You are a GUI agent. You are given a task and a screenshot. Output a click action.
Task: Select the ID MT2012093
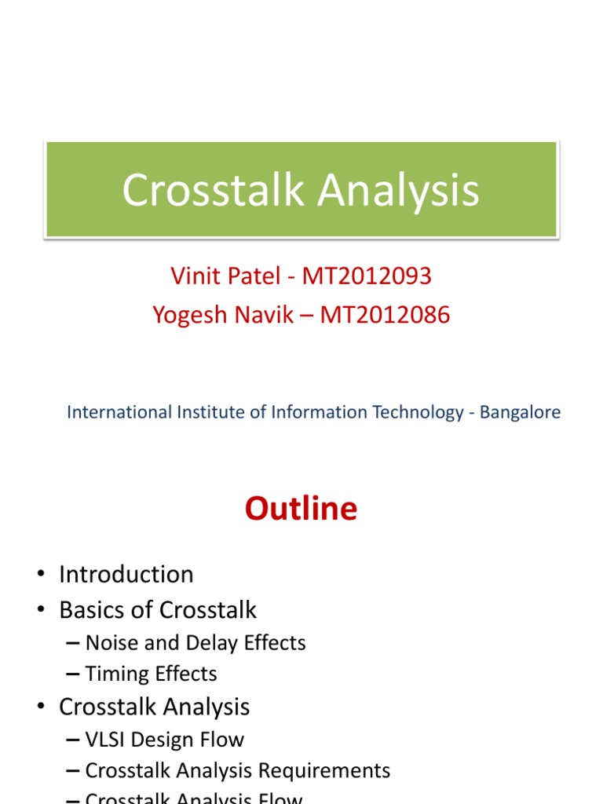click(367, 276)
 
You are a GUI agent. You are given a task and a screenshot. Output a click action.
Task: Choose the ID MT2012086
click(384, 315)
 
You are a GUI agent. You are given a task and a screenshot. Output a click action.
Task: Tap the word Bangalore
click(522, 412)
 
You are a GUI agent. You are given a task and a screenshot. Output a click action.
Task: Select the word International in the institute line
click(118, 412)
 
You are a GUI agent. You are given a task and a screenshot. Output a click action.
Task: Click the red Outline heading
click(301, 509)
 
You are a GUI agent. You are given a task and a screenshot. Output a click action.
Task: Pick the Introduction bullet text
click(126, 574)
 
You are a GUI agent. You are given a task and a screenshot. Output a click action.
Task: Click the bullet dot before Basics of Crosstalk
click(40, 611)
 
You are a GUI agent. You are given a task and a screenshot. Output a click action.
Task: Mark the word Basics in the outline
click(90, 610)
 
